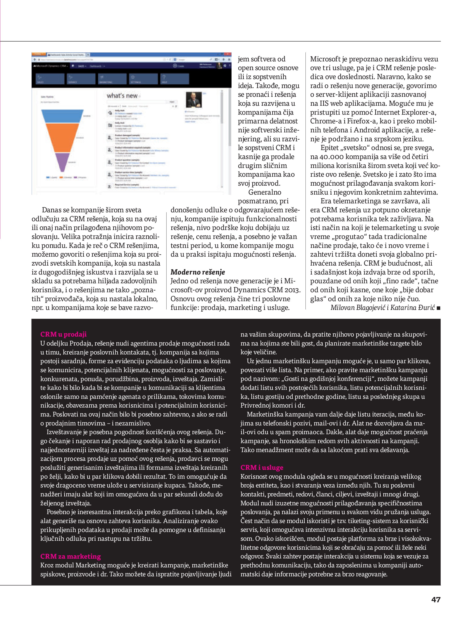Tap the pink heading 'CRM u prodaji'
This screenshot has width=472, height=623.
pyautogui.click(x=63, y=334)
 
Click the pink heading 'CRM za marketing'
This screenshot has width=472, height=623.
pyautogui.click(x=70, y=556)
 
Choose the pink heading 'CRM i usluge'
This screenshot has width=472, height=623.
pyautogui.click(x=262, y=468)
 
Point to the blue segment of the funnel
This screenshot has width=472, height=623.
pyautogui.click(x=62, y=116)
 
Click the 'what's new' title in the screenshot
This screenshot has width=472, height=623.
pyautogui.click(x=122, y=96)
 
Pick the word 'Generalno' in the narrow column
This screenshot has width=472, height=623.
pyautogui.click(x=265, y=192)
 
